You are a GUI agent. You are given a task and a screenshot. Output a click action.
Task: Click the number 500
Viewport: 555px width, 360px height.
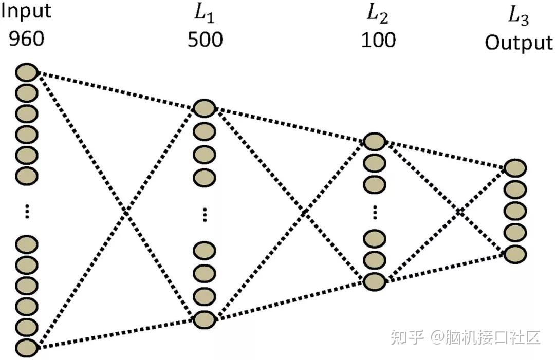click(205, 40)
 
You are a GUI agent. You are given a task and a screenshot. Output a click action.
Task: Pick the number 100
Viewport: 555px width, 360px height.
click(378, 40)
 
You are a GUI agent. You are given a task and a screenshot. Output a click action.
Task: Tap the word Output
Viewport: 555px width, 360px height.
click(518, 43)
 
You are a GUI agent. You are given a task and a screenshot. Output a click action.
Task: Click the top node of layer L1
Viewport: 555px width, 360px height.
click(205, 108)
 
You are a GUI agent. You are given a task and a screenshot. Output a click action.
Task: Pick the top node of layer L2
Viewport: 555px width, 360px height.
click(375, 142)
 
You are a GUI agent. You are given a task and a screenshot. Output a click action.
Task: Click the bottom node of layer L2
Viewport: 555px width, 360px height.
click(375, 281)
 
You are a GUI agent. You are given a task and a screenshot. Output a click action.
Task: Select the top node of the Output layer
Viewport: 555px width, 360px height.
click(515, 168)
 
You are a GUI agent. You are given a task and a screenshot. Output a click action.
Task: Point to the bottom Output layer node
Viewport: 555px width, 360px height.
click(515, 254)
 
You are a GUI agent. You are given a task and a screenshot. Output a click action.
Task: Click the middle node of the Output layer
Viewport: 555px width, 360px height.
click(515, 211)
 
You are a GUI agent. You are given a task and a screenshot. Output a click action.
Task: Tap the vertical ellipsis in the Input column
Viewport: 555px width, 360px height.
click(27, 211)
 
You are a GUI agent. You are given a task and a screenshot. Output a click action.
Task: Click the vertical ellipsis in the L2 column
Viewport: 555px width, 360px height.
click(375, 212)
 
